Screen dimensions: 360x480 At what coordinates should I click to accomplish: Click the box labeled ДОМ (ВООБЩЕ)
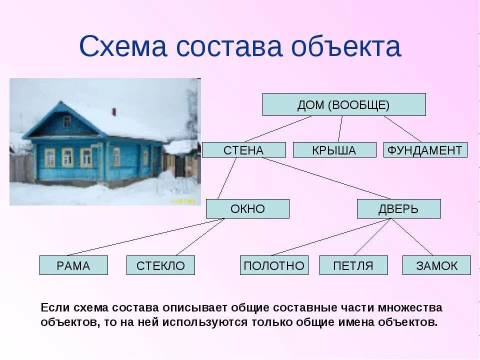coord(344,104)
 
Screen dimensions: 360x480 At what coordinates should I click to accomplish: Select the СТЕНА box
coord(243,150)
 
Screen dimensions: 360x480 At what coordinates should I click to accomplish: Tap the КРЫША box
coord(334,150)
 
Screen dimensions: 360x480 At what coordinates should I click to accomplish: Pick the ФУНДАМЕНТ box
coord(425,150)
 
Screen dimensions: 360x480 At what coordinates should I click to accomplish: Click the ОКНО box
coord(247,208)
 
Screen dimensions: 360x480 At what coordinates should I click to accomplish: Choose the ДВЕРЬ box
coord(398,208)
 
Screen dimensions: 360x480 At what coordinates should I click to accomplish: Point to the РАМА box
coord(73,265)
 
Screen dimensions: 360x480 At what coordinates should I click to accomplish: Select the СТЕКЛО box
coord(160,265)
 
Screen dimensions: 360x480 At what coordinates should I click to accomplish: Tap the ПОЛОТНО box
coord(274,265)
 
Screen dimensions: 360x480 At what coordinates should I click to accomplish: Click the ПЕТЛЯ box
coord(353,265)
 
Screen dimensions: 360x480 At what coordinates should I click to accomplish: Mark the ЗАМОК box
coord(436,265)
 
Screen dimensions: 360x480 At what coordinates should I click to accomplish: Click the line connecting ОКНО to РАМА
coord(145,237)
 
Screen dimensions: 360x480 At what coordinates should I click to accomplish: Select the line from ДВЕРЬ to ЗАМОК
coord(412,237)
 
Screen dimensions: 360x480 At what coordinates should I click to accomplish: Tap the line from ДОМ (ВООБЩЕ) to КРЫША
coord(340,129)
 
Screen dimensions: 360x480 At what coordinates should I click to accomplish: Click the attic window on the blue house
coord(66,121)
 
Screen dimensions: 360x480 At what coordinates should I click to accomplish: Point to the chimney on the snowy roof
coord(113,111)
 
